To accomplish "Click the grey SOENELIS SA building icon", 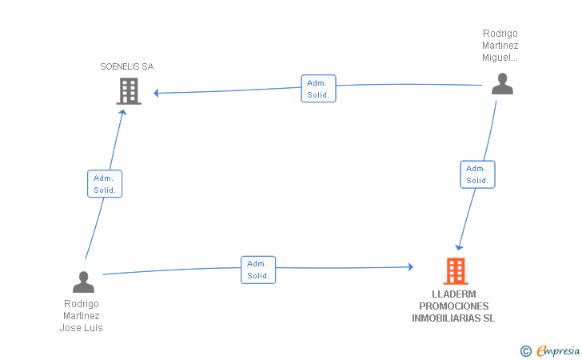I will pyautogui.click(x=128, y=92).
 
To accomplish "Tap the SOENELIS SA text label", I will pyautogui.click(x=127, y=66).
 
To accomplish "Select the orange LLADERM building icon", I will pyautogui.click(x=455, y=271).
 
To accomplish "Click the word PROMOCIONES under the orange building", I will pyautogui.click(x=454, y=306).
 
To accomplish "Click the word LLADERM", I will pyautogui.click(x=453, y=294).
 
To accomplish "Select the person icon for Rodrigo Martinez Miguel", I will pyautogui.click(x=502, y=84).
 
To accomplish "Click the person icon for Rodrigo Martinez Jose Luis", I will pyautogui.click(x=83, y=282).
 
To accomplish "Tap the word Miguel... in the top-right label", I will pyautogui.click(x=500, y=58).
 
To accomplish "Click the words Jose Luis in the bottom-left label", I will pyautogui.click(x=82, y=328).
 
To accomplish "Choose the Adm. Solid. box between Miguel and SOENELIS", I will pyautogui.click(x=318, y=88).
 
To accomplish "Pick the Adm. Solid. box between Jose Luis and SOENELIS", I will pyautogui.click(x=105, y=184).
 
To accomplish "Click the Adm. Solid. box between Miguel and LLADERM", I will pyautogui.click(x=477, y=174).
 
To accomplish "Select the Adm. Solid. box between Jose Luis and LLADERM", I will pyautogui.click(x=258, y=270).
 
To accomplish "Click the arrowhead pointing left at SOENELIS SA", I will pyautogui.click(x=157, y=93).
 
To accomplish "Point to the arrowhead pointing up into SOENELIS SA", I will pyautogui.click(x=123, y=113).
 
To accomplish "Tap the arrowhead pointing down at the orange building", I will pyautogui.click(x=459, y=246).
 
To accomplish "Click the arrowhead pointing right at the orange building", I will pyautogui.click(x=410, y=267).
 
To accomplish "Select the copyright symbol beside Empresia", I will pyautogui.click(x=525, y=350).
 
